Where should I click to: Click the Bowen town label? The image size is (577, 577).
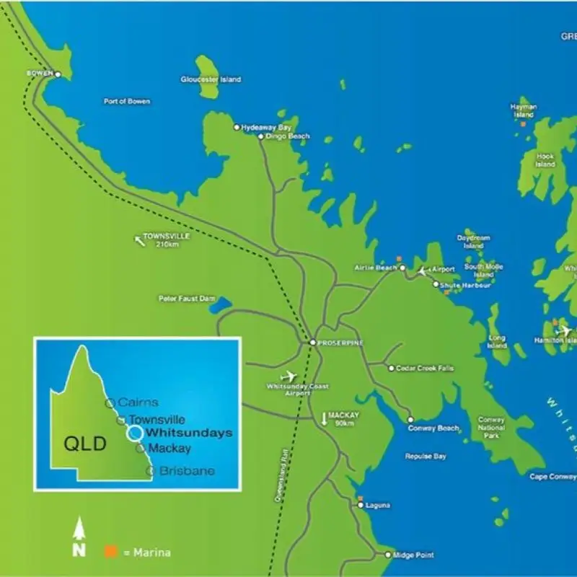coord(40,74)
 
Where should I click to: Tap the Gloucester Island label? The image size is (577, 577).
coord(211,79)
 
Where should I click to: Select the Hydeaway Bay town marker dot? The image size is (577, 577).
coord(236,127)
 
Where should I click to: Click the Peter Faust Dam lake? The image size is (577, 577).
coord(219,305)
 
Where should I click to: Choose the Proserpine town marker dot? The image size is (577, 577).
coord(312,342)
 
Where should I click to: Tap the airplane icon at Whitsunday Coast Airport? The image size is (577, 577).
coord(289,376)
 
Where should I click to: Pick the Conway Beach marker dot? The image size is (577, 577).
coord(410,420)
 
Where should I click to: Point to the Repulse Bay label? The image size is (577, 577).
coord(426,456)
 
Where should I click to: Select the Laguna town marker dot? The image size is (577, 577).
coord(361,505)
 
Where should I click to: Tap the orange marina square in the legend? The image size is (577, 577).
coord(110,552)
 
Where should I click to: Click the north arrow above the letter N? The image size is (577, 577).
coord(80,531)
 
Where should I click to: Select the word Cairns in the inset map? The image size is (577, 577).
coord(138,402)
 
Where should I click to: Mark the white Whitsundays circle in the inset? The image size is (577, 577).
coord(134,433)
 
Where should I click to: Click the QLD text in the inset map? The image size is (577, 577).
coord(85,444)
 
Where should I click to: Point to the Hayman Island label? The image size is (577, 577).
coord(524,110)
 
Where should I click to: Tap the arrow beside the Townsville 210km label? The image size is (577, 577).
coord(138,239)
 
